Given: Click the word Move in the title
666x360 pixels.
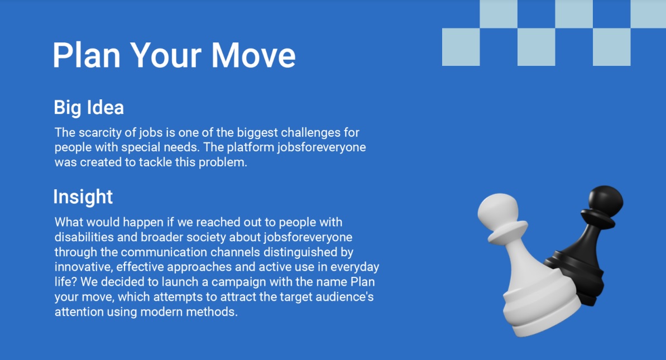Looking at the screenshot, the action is click(253, 55).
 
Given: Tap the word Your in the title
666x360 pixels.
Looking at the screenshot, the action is click(166, 56).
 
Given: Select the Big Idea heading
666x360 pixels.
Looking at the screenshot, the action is click(89, 108).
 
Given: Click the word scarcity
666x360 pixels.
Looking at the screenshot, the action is click(100, 133).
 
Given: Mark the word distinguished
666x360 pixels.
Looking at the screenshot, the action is click(300, 252).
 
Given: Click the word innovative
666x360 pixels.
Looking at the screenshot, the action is click(83, 267).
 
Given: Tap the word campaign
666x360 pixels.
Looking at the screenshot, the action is click(239, 282).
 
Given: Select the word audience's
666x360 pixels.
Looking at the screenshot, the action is click(346, 297).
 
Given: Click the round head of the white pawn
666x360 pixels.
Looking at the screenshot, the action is click(498, 211).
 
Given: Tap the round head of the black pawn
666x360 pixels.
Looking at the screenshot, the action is click(605, 201).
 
